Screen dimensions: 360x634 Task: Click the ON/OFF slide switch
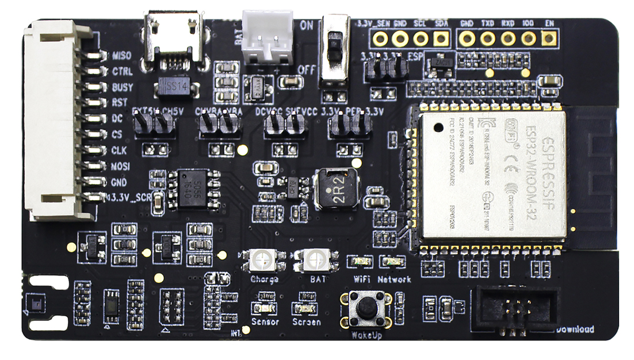pyautogui.click(x=334, y=48)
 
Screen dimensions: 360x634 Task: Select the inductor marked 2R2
pyautogui.click(x=335, y=189)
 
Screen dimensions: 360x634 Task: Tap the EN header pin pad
pyautogui.click(x=549, y=39)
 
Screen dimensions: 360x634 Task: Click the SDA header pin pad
pyautogui.click(x=441, y=39)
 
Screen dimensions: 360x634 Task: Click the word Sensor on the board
pyautogui.click(x=265, y=322)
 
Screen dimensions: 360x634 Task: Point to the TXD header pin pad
pyautogui.click(x=488, y=39)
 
